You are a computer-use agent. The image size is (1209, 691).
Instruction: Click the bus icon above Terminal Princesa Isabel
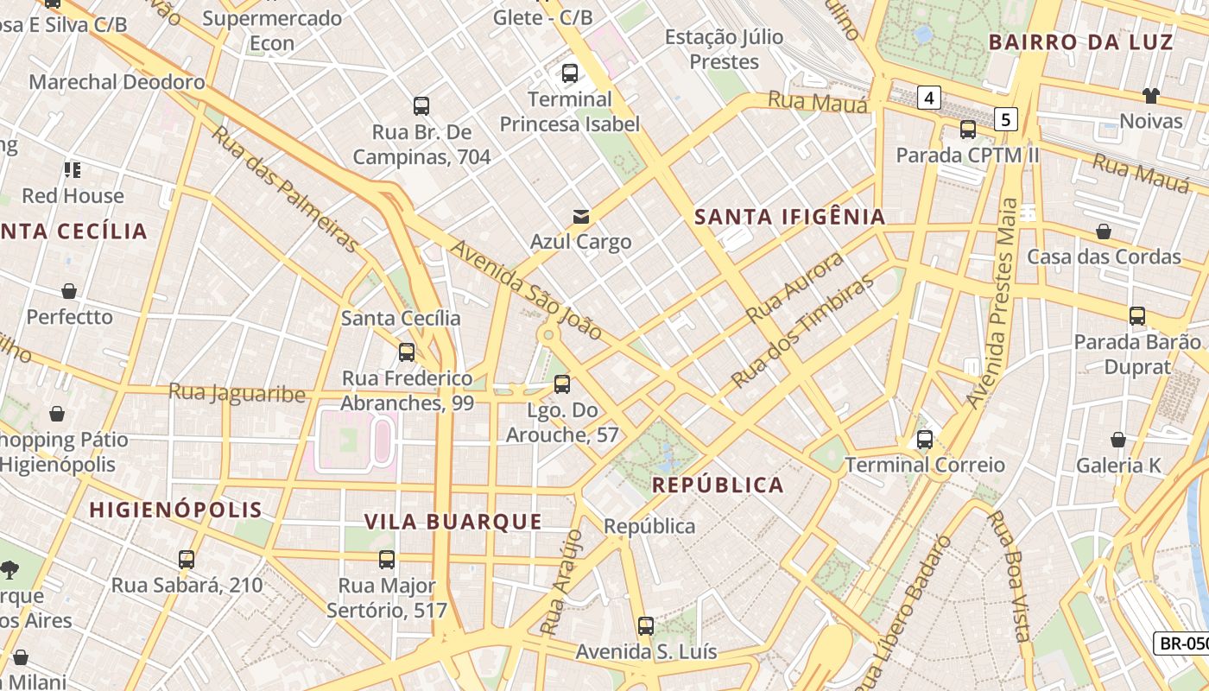[569, 73]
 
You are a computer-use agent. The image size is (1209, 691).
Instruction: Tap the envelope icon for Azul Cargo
[581, 216]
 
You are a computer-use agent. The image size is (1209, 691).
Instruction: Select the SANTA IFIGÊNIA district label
[790, 217]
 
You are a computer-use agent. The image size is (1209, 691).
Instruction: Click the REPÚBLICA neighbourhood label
[718, 485]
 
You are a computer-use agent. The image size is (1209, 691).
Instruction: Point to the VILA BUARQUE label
[453, 522]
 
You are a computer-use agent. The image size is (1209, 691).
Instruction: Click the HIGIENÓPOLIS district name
[176, 510]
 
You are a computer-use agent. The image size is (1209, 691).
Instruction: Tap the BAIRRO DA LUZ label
[1080, 42]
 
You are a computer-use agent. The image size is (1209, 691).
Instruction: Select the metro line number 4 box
[928, 98]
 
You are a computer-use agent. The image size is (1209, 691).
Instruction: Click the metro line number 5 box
[1005, 118]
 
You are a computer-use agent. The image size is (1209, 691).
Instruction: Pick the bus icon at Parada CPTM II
[968, 130]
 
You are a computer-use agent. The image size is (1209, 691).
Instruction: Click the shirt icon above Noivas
[1150, 95]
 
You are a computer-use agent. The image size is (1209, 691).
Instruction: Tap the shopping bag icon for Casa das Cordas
[1103, 231]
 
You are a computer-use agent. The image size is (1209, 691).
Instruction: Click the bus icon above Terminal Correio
[925, 440]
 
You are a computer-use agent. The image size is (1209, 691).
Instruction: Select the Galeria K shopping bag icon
[1118, 441]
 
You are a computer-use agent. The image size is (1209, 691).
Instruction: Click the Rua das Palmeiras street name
[285, 190]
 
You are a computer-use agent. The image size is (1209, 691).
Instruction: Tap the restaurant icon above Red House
[73, 169]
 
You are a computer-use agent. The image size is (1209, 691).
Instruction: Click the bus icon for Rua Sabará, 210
[187, 560]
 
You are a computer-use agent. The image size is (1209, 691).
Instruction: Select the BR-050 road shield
[1181, 643]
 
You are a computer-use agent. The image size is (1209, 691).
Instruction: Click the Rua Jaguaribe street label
[237, 393]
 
